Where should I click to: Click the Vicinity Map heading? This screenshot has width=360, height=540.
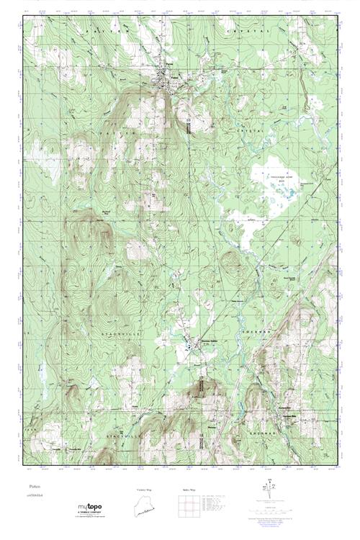click(x=145, y=490)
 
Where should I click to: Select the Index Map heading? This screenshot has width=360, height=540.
click(x=189, y=490)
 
